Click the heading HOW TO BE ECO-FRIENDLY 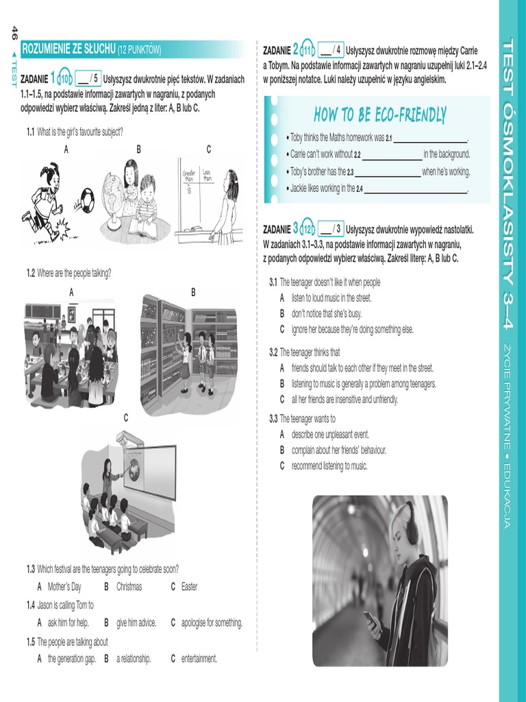380,114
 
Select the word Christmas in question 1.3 129,587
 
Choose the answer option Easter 189,587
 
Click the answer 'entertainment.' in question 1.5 199,659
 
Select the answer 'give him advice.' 136,623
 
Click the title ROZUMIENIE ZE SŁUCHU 68,49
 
